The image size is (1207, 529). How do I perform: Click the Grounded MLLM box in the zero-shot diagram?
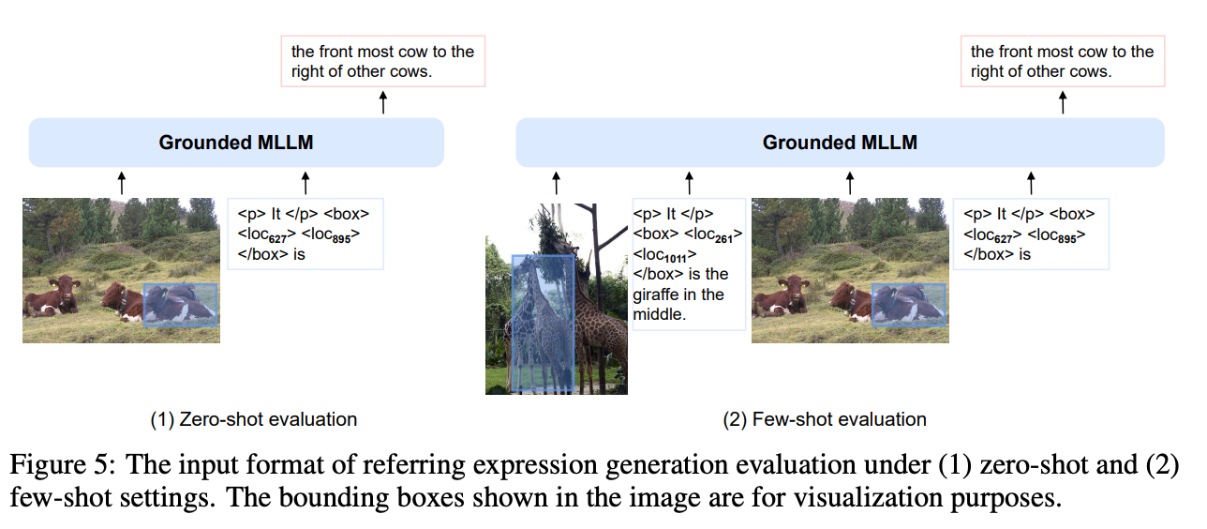click(x=236, y=143)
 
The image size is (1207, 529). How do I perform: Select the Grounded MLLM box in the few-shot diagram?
click(x=840, y=143)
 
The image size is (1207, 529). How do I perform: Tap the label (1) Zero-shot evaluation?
click(x=254, y=419)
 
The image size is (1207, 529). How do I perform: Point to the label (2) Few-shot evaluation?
click(x=825, y=419)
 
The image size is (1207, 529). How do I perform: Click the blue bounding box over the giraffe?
click(x=543, y=324)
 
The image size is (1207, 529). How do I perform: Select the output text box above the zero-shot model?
click(x=382, y=61)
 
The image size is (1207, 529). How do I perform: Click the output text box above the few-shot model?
click(x=1062, y=61)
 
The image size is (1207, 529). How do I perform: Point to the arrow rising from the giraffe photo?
click(x=556, y=182)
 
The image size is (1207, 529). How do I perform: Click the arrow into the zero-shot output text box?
click(x=382, y=102)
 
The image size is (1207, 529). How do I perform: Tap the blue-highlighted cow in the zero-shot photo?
click(x=180, y=305)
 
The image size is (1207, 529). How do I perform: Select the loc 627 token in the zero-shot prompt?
click(x=263, y=234)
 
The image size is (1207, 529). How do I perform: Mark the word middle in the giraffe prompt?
click(x=661, y=314)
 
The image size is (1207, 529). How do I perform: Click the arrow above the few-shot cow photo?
click(x=849, y=182)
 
